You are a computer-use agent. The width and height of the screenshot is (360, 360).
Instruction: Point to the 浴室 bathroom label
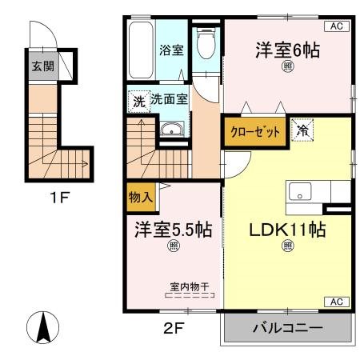(x=171, y=50)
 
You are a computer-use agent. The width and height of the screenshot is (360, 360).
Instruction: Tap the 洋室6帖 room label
(x=287, y=50)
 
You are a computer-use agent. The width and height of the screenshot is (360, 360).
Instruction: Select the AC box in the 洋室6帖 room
(x=336, y=26)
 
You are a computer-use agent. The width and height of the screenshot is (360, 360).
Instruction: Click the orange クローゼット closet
(x=255, y=131)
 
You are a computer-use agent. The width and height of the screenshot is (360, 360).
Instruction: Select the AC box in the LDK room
(x=336, y=302)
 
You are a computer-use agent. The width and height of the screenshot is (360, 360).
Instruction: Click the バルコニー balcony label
(x=287, y=329)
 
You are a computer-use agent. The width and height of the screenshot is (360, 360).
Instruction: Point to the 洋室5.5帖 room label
(x=173, y=230)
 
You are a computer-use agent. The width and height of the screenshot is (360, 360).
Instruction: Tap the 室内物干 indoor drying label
(x=190, y=286)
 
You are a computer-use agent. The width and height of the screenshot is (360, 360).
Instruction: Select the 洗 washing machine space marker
(x=138, y=102)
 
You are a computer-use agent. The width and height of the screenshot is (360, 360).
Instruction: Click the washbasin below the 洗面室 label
(x=171, y=131)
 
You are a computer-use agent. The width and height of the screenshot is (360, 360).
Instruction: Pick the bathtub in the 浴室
(x=142, y=50)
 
